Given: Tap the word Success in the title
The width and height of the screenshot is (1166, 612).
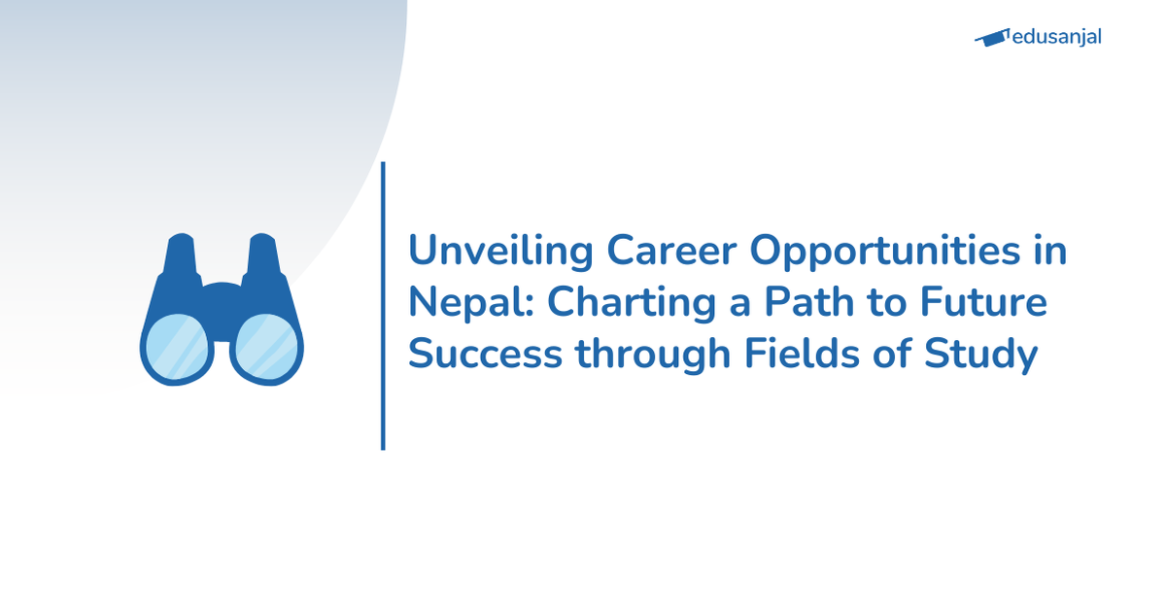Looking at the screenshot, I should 485,355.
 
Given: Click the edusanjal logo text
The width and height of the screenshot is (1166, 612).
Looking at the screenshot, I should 1057,38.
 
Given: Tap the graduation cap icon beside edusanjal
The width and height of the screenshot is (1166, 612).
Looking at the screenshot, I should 991,38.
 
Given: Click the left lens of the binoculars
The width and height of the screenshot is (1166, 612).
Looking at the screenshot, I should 176,347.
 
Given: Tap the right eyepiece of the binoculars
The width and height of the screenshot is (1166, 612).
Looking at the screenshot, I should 262,255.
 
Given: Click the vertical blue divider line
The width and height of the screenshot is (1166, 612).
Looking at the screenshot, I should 383,306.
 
